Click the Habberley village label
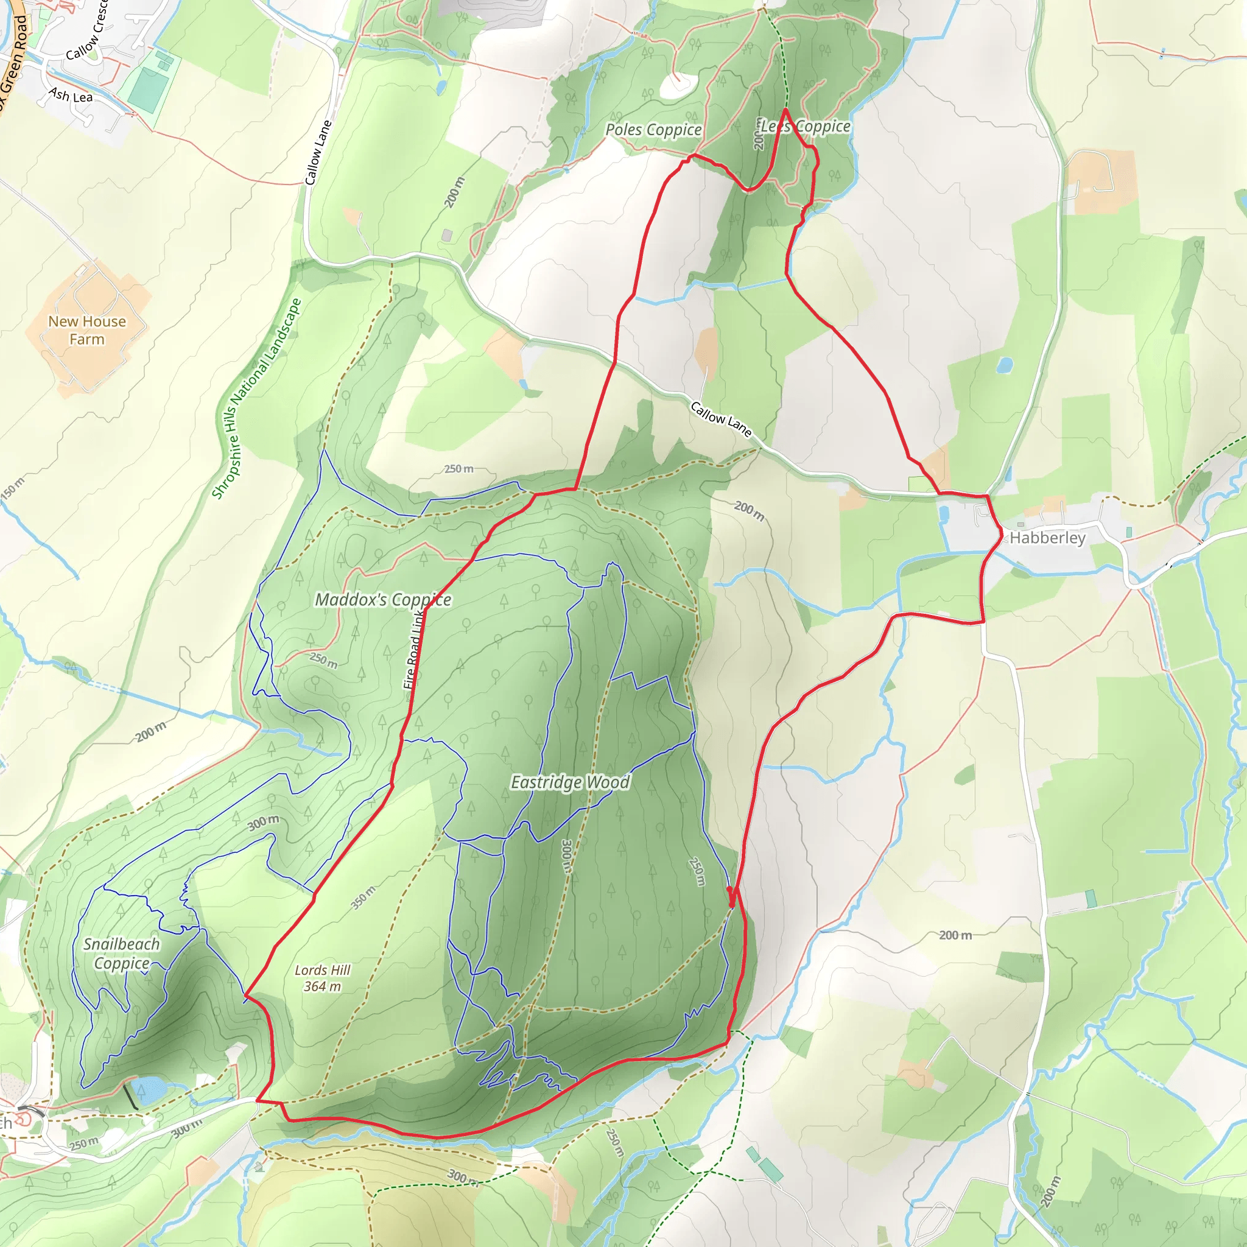[1047, 538]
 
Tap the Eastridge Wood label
[570, 782]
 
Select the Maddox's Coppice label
[383, 600]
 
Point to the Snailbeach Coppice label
[121, 954]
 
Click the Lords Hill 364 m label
[322, 978]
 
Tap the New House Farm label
[87, 330]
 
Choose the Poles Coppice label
[653, 130]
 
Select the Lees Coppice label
[806, 127]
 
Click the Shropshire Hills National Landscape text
[257, 398]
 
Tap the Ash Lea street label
[71, 96]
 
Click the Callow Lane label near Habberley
[721, 419]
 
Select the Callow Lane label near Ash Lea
[318, 153]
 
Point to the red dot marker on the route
[729, 890]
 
